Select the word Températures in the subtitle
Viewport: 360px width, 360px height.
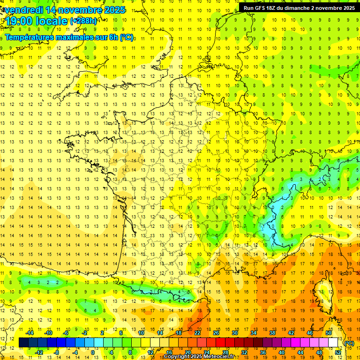point(29,37)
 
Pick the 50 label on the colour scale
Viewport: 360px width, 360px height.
point(329,333)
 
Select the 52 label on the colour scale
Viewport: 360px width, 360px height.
point(338,352)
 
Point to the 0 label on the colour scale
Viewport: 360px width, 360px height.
point(92,352)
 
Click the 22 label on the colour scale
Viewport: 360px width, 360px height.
point(197,333)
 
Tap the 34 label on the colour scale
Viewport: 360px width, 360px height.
point(254,333)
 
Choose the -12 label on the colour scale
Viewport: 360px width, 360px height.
point(39,352)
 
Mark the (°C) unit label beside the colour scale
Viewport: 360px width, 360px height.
point(349,343)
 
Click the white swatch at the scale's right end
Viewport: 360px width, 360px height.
point(333,343)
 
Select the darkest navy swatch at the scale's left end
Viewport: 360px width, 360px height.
point(23,343)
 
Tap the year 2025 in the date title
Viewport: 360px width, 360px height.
point(115,10)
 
